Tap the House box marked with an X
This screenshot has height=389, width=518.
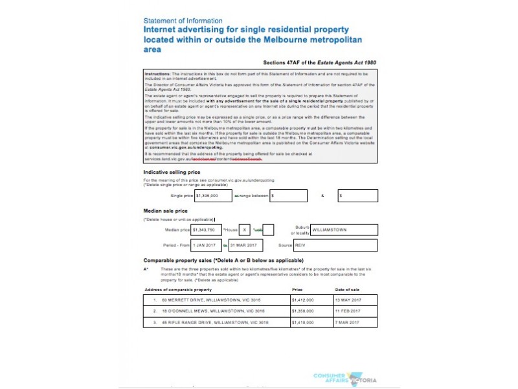[x=245, y=230]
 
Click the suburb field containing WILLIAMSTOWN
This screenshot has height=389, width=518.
[x=343, y=230]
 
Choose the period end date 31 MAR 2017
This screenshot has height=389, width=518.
[x=243, y=245]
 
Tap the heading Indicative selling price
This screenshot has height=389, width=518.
[x=172, y=172]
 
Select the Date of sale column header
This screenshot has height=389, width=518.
[x=348, y=289]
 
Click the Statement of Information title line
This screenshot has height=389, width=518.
[x=183, y=21]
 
